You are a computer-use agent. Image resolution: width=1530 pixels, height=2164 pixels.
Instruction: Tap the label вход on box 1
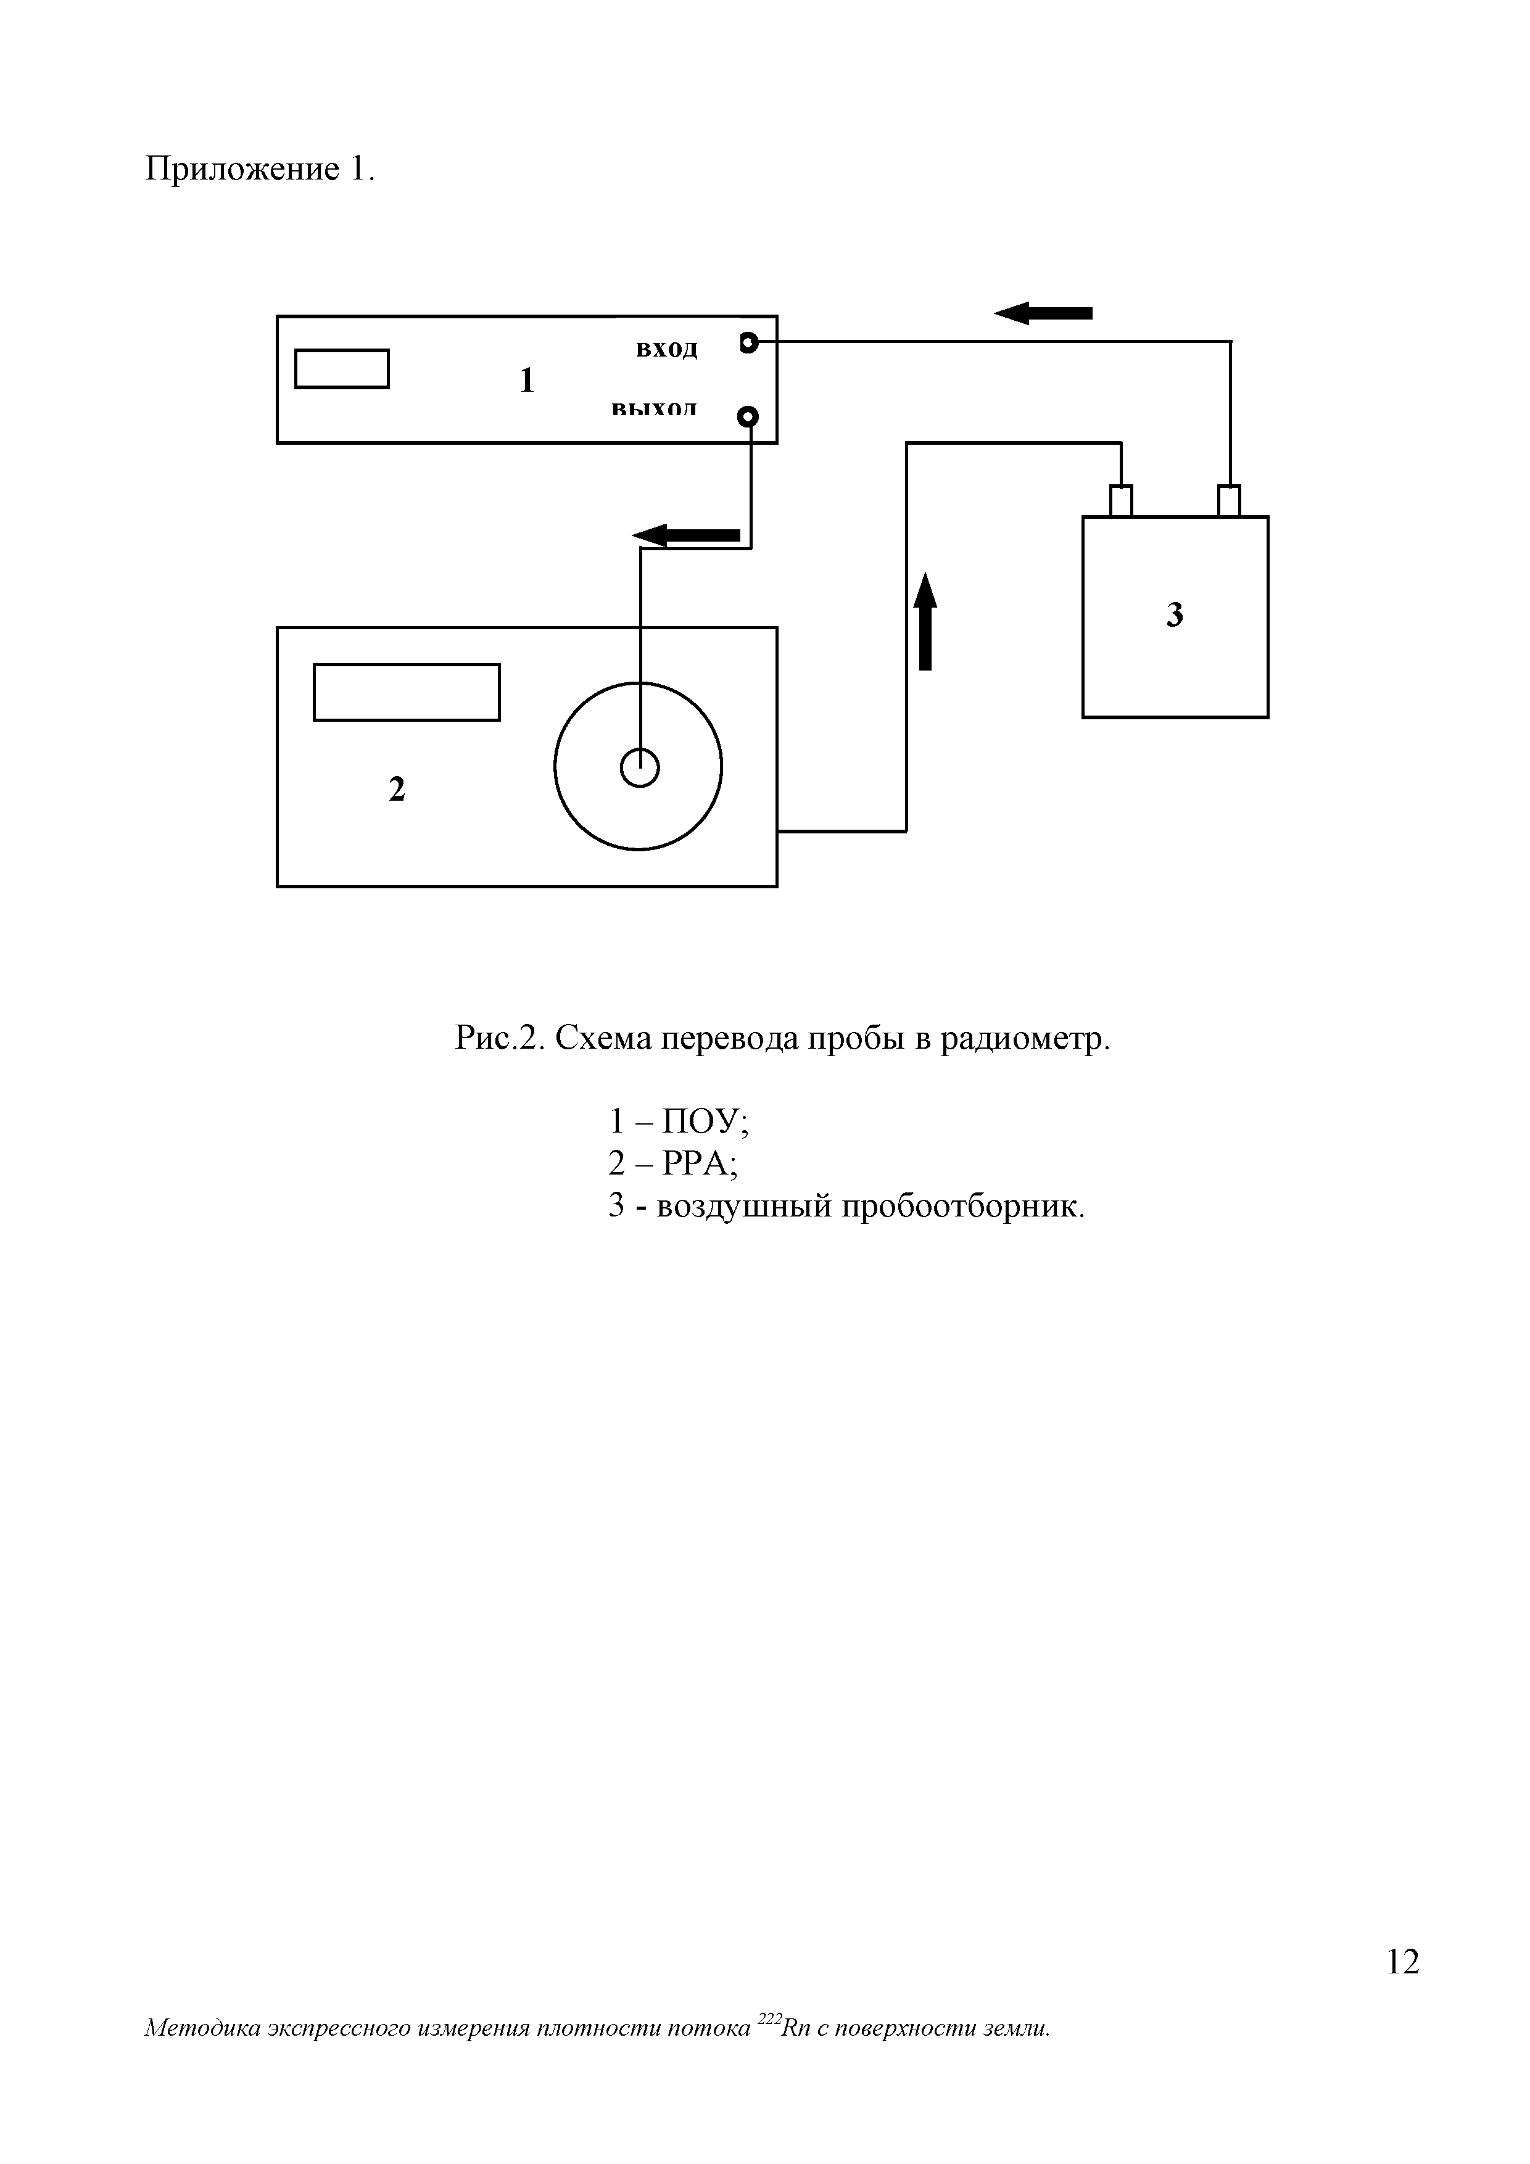[666, 350]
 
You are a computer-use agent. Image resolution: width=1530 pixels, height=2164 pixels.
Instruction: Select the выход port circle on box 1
[748, 416]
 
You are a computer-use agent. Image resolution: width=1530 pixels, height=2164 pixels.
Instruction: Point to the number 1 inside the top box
[527, 381]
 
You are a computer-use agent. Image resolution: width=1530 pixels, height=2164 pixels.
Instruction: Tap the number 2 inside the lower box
[397, 789]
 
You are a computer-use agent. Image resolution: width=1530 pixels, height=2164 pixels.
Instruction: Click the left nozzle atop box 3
[1121, 500]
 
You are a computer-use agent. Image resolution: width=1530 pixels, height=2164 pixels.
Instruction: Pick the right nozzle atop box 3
[1230, 500]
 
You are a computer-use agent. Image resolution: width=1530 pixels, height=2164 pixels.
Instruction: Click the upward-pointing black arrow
[926, 621]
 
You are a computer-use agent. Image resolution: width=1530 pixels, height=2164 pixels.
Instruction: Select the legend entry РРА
[700, 1164]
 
